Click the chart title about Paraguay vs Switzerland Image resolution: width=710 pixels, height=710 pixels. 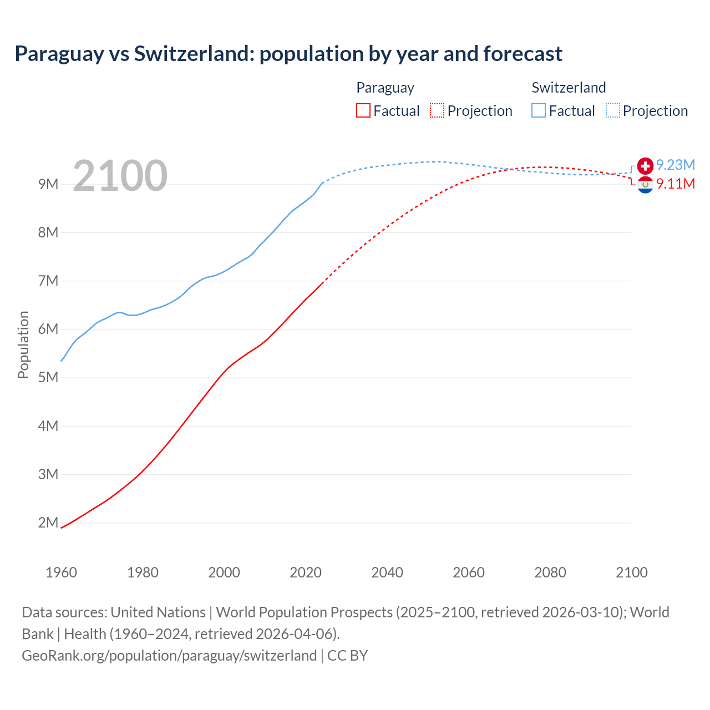tap(288, 54)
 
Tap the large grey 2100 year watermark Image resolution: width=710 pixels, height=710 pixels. tap(120, 176)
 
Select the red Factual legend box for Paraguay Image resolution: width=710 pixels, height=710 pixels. tap(363, 110)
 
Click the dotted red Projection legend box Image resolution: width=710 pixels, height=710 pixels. tap(437, 110)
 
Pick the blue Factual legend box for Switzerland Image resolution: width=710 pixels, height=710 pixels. tap(539, 110)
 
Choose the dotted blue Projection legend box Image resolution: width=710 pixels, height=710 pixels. tap(613, 110)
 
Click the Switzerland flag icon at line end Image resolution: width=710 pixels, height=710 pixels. tap(645, 165)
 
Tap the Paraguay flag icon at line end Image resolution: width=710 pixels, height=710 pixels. tap(645, 185)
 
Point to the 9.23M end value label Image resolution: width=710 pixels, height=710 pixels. tap(676, 165)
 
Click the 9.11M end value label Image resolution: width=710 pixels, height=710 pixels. tap(676, 184)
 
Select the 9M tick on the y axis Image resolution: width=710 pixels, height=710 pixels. tap(48, 184)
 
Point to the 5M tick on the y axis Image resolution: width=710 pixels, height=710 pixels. tap(48, 378)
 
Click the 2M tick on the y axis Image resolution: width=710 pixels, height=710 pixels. tap(48, 523)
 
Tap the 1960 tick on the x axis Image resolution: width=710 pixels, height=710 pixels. tap(61, 572)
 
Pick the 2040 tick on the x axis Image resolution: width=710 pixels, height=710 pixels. tap(387, 572)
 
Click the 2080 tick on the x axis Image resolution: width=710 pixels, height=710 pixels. tap(550, 572)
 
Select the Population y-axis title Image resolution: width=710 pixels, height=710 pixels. tap(23, 344)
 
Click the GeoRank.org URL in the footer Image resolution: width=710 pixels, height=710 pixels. tap(169, 656)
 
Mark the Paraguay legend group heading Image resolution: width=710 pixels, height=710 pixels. tap(385, 88)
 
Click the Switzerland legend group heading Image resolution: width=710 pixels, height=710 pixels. tap(569, 88)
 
